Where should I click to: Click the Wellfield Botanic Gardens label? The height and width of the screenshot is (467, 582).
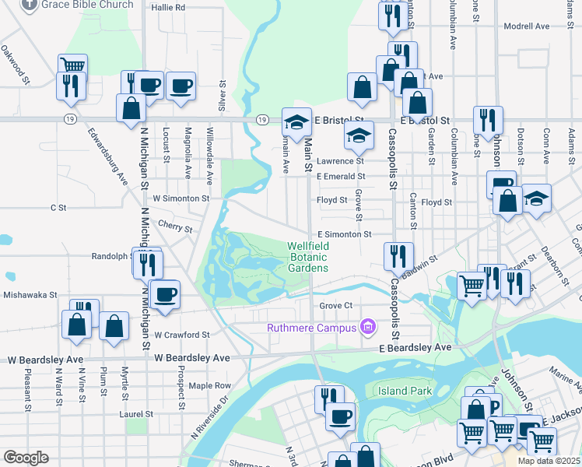[x=307, y=257]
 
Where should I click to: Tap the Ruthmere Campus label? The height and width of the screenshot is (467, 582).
[x=310, y=328]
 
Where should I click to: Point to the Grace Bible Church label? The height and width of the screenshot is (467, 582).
[x=87, y=5]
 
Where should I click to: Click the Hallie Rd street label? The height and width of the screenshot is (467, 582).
[x=168, y=8]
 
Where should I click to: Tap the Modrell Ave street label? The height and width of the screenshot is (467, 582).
[x=527, y=26]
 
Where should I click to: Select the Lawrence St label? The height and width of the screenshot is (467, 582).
[x=339, y=161]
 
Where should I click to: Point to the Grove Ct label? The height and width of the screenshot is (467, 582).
[x=336, y=306]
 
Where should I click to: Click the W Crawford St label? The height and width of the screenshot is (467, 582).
[x=182, y=335]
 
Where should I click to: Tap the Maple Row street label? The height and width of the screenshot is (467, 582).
[x=209, y=385]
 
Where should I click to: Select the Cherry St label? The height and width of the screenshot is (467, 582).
[x=175, y=228]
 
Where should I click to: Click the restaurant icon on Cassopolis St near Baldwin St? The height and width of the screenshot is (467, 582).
[x=397, y=255]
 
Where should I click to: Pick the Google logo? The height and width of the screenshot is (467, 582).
[x=26, y=458]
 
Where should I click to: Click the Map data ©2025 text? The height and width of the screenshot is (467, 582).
[x=549, y=461]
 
